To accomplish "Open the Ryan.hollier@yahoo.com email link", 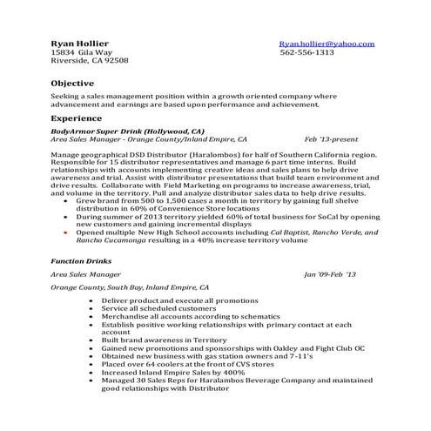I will point(327,43).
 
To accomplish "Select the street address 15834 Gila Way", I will point(82,52).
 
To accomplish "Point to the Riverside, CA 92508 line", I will point(90,61).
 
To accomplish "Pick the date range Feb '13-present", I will point(331,138).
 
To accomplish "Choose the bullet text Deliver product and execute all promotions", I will point(173,300).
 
